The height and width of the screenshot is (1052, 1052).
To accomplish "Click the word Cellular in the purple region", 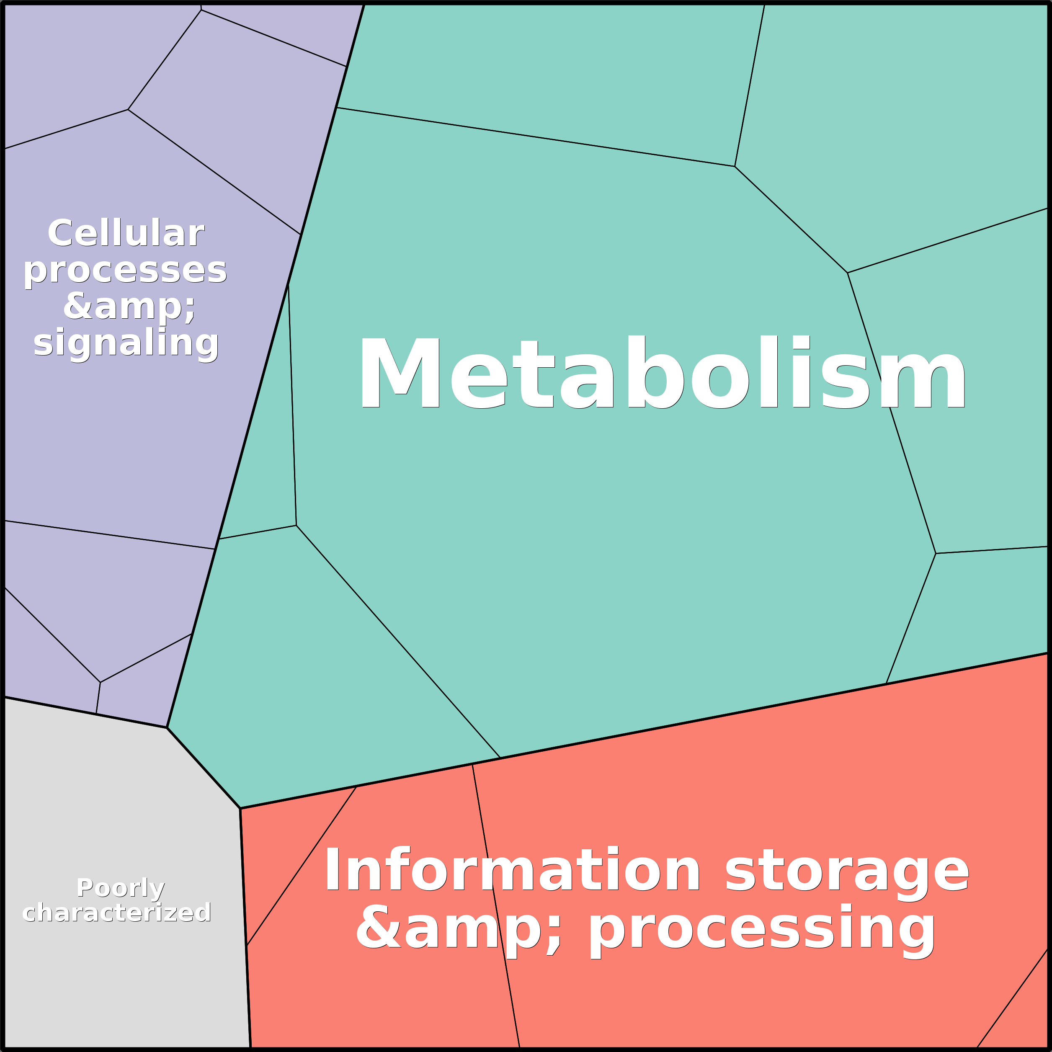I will [x=126, y=234].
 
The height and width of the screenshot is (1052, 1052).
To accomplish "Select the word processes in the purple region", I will [x=125, y=270].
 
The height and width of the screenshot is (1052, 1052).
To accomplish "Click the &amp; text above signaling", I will [x=129, y=307].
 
